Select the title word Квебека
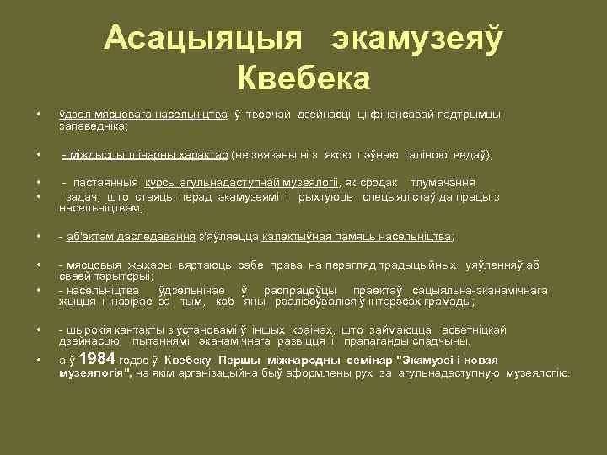(304, 79)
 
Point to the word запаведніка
(92, 126)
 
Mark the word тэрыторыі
(123, 276)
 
